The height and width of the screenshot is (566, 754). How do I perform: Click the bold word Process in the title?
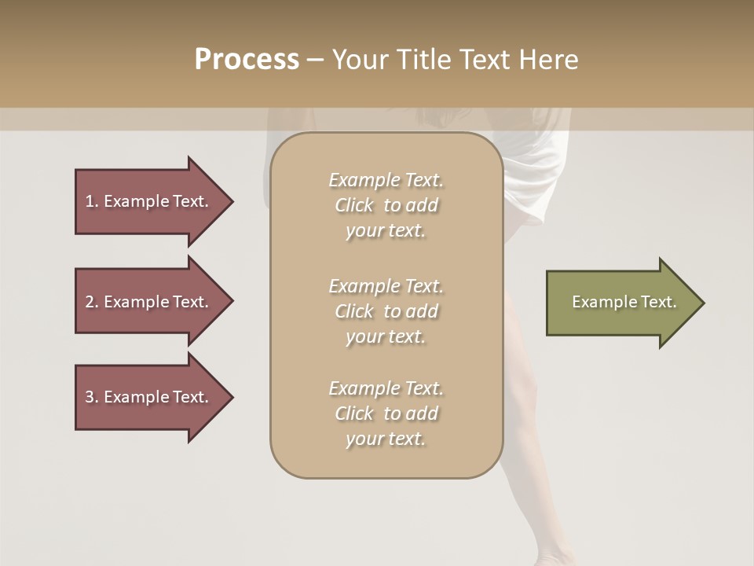pos(247,60)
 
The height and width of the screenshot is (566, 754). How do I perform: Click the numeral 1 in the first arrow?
pos(89,201)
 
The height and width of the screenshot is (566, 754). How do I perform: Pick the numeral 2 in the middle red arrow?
pos(90,302)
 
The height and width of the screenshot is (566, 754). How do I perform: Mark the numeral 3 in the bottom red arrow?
pos(90,397)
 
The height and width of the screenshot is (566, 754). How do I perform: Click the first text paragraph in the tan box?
pos(386,205)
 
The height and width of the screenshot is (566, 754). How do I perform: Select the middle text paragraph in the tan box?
pos(386,311)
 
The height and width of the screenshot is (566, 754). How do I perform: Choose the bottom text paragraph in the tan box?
pos(386,413)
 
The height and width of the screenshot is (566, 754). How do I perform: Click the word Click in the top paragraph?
pos(353,205)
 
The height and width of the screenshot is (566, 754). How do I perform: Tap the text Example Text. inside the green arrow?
pos(624,302)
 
